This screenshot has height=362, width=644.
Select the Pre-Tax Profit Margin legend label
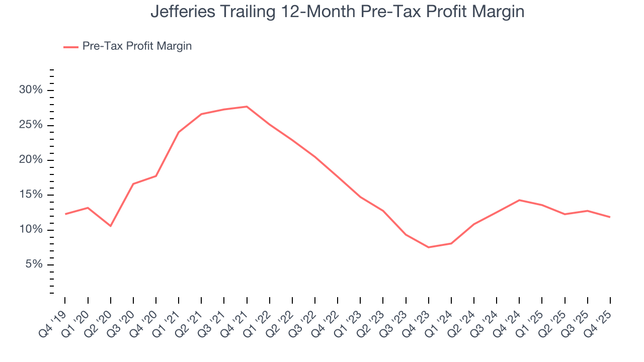click(x=137, y=46)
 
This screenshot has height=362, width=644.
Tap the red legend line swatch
click(x=70, y=47)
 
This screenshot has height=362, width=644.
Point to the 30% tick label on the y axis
click(x=31, y=90)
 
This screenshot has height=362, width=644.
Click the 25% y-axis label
click(x=31, y=125)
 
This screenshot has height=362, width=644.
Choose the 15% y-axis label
click(x=31, y=195)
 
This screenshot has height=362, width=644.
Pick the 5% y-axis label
click(x=34, y=265)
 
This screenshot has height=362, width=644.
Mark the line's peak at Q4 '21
click(x=247, y=107)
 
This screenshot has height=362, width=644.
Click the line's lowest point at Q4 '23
click(x=428, y=247)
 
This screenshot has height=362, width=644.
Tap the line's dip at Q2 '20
click(x=110, y=226)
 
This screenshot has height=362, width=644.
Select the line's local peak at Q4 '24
click(x=519, y=200)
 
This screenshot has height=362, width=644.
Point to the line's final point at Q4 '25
click(x=610, y=217)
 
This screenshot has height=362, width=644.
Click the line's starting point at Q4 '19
click(x=65, y=214)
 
